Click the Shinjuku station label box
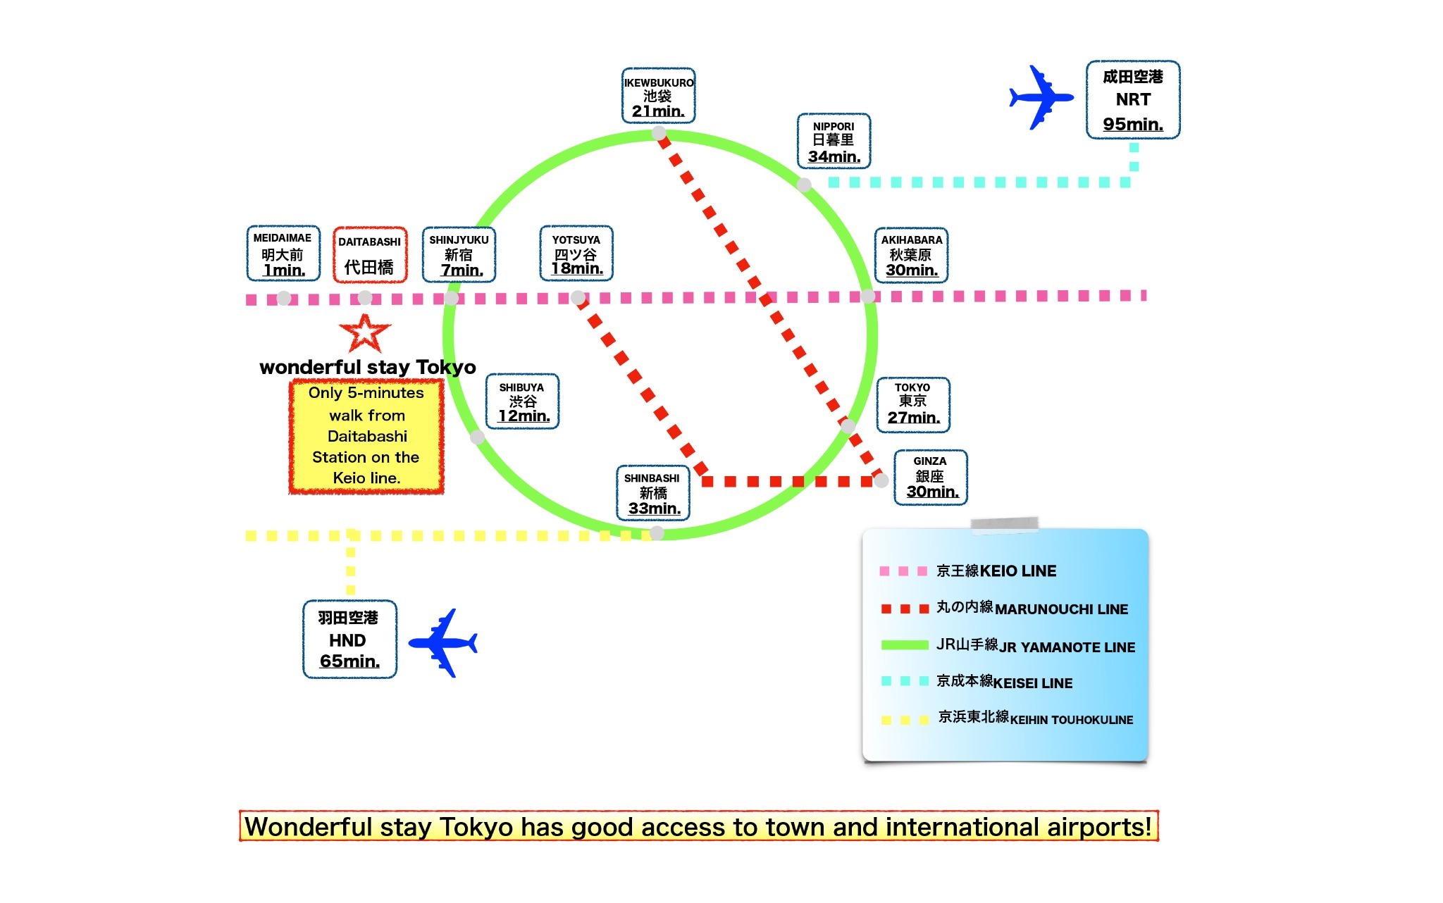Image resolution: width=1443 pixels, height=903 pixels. click(459, 254)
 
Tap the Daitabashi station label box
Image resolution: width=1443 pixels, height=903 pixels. click(370, 254)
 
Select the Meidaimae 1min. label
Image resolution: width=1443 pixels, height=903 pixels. click(283, 254)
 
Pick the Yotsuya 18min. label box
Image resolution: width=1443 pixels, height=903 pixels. click(576, 254)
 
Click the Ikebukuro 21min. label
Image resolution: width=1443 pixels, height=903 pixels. click(659, 96)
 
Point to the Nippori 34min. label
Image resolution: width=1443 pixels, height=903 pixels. click(834, 141)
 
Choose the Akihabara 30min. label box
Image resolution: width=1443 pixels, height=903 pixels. click(911, 255)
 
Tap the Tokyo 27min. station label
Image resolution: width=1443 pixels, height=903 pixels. click(913, 404)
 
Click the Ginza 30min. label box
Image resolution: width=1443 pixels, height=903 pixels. click(931, 478)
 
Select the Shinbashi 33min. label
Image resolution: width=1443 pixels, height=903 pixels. click(653, 493)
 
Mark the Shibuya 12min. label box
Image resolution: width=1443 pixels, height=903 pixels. click(523, 401)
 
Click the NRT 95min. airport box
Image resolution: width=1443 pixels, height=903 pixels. click(1133, 100)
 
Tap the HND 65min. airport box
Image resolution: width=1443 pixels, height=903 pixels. click(350, 640)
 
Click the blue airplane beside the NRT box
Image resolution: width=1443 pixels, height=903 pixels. click(1041, 97)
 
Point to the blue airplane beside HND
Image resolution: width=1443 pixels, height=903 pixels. click(443, 643)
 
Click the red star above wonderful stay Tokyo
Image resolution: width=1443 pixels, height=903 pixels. click(365, 333)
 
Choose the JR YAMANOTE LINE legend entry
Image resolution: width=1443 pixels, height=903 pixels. click(1008, 646)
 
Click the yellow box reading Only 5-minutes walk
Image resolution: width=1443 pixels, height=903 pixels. click(366, 436)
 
